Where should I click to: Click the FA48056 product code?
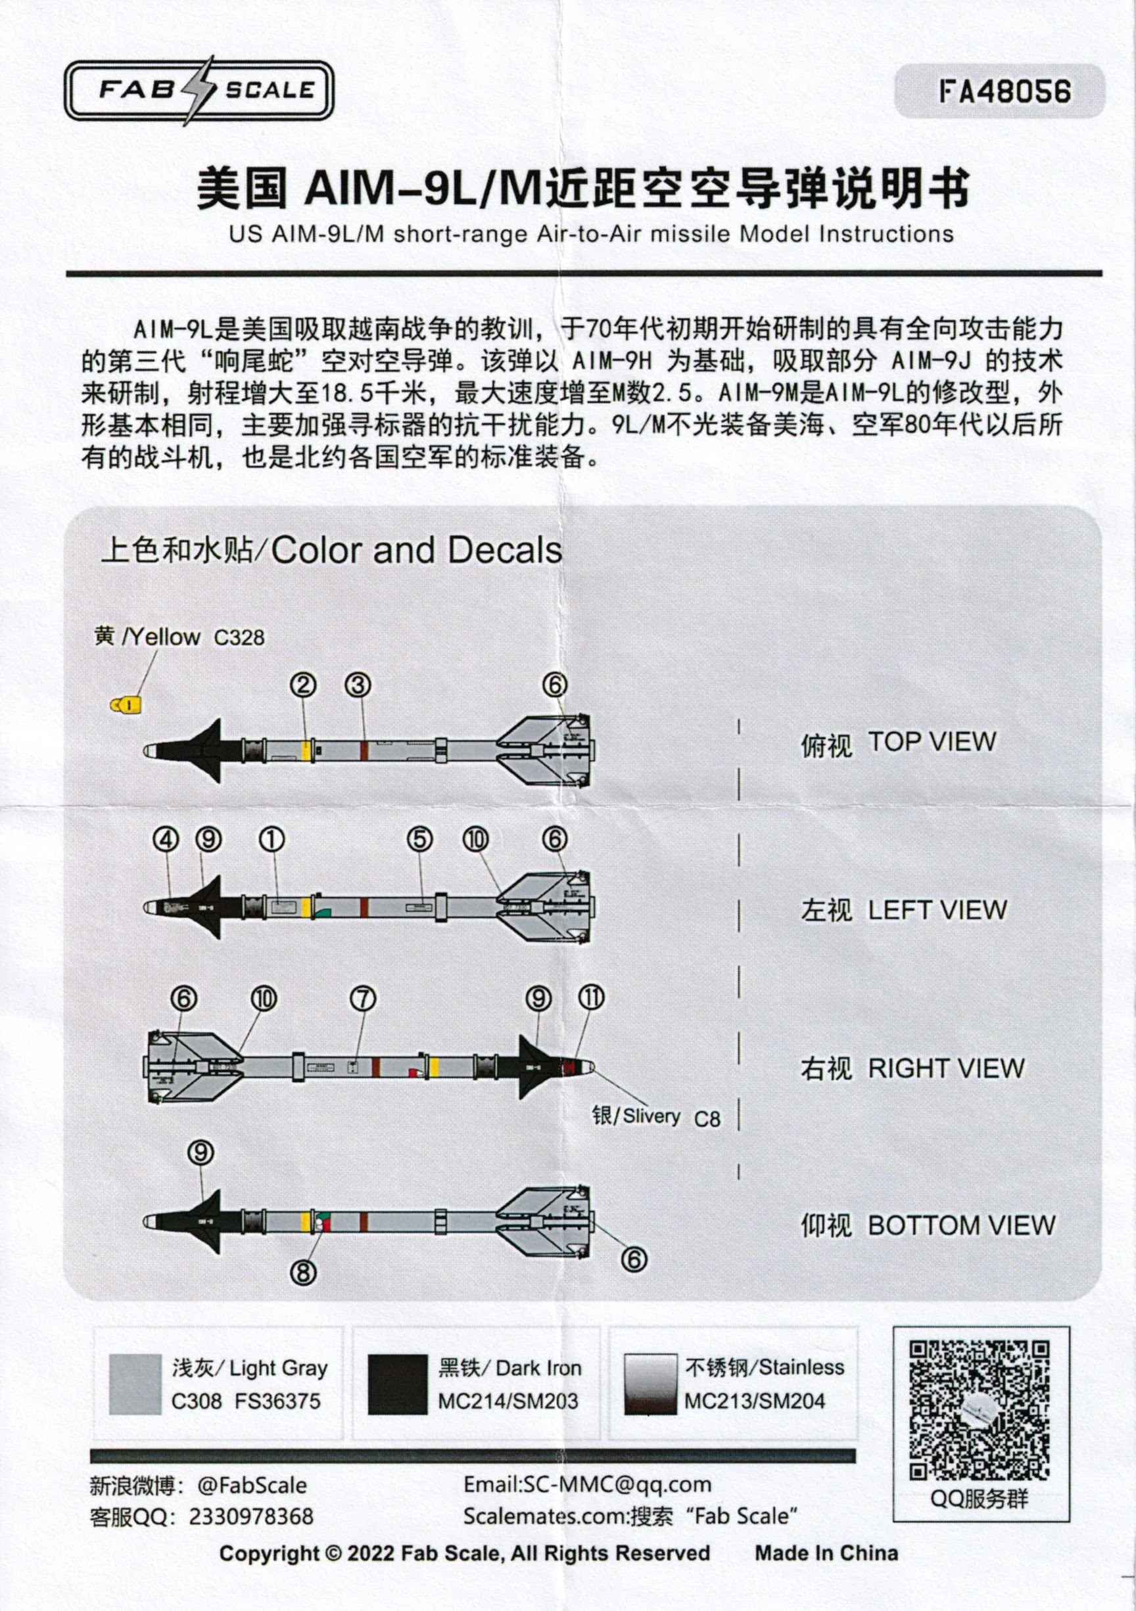[1005, 91]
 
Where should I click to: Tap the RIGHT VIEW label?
[945, 1068]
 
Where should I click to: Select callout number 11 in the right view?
[591, 997]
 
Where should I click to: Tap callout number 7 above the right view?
[363, 998]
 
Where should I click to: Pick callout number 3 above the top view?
[358, 685]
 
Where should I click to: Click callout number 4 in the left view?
[166, 839]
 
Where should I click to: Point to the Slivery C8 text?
[655, 1116]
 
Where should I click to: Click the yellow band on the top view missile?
[306, 750]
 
